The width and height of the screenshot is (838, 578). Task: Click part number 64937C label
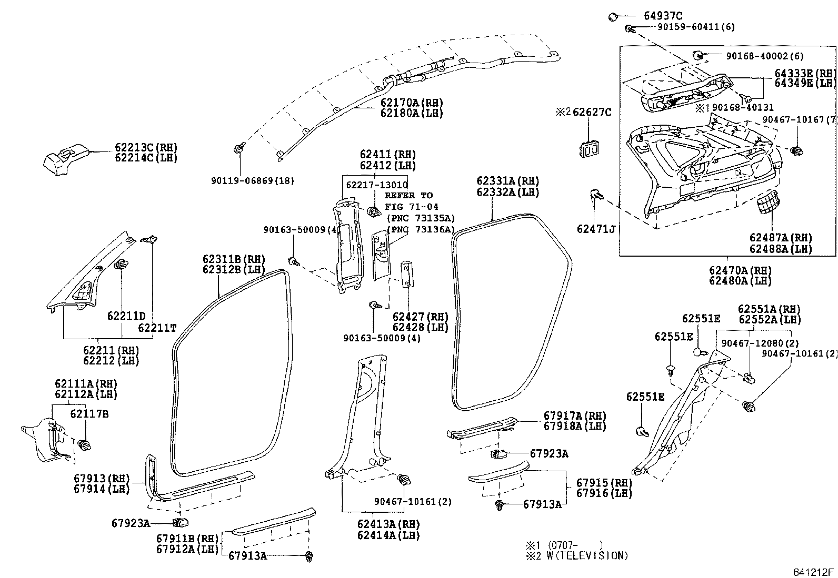663,16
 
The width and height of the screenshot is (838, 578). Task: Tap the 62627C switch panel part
590,149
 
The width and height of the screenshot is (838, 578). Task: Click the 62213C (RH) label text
146,147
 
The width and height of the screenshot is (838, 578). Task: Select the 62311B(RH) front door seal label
234,259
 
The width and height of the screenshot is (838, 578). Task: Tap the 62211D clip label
126,316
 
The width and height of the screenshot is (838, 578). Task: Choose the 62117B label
89,414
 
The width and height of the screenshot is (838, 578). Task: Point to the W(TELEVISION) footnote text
590,555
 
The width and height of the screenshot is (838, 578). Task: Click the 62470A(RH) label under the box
740,270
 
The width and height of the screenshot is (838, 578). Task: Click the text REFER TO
408,196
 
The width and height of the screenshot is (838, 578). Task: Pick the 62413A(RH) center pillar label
388,524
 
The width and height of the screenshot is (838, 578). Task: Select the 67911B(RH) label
187,539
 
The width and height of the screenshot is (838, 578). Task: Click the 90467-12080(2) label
756,343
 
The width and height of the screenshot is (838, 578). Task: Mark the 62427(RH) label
420,317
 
